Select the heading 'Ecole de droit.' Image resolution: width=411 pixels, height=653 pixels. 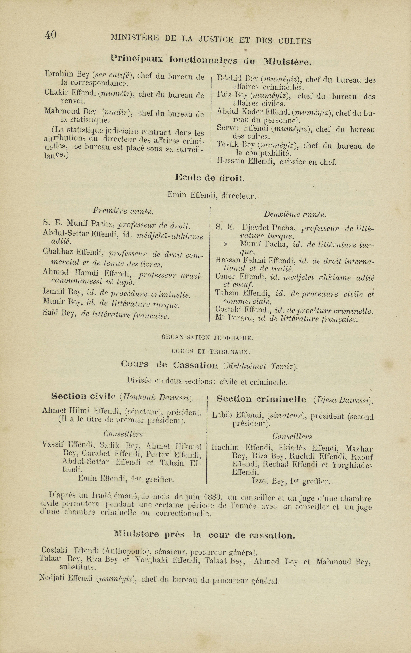coord(210,178)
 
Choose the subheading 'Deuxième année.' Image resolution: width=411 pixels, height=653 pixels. coord(295,215)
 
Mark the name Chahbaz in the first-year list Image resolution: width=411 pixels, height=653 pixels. coord(58,252)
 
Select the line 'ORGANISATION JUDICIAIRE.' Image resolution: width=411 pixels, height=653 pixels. coord(207,338)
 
